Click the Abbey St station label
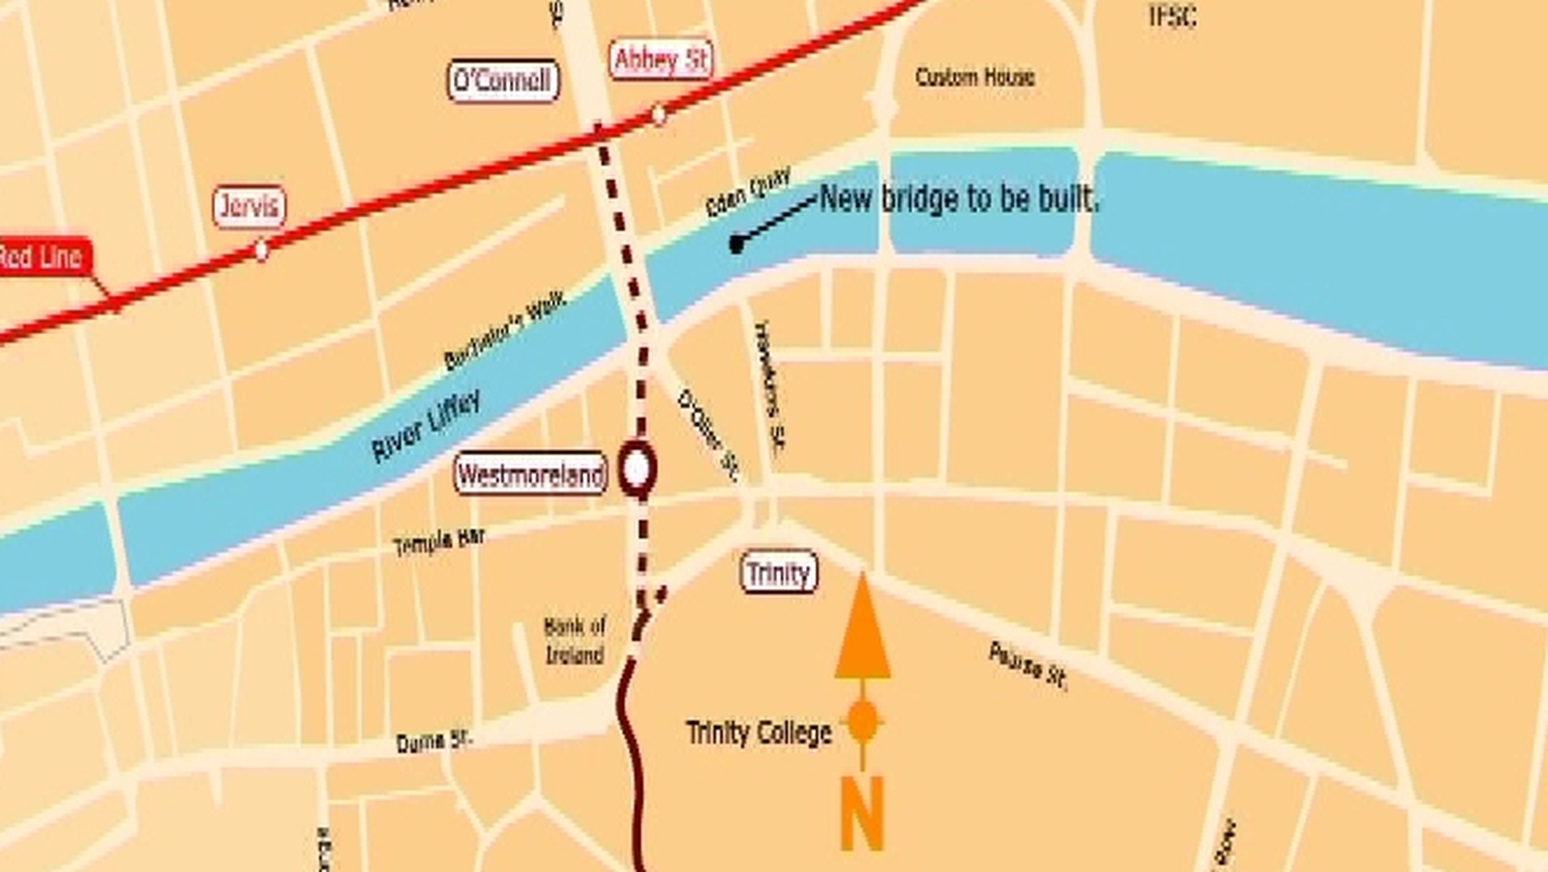coord(662,60)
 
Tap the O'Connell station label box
coord(503,80)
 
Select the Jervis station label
coord(250,206)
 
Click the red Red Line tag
coord(43,256)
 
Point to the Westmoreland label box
coord(530,474)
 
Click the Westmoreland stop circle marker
coord(637,469)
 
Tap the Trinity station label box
coord(779,573)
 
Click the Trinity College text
coord(759,733)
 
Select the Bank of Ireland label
coord(575,641)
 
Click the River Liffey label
coord(426,426)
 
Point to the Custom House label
coord(974,76)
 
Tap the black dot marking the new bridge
coord(736,244)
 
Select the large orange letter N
coord(861,813)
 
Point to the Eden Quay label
coord(748,192)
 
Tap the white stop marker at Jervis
coord(260,251)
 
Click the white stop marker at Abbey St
coord(658,115)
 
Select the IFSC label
coord(1172,15)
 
